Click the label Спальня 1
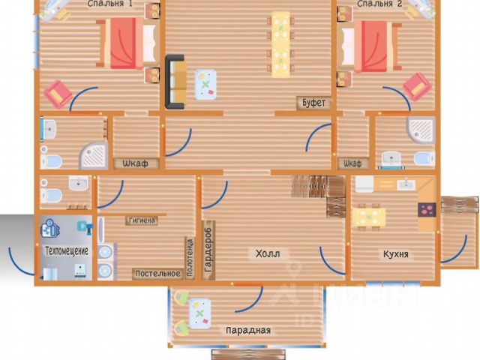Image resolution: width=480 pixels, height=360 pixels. pos(109,4)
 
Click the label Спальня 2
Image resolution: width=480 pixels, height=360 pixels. pos(379,4)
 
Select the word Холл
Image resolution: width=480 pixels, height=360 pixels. pos(267,253)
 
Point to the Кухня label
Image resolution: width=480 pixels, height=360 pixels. pos(394,254)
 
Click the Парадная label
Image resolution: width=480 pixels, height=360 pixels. pos(247,330)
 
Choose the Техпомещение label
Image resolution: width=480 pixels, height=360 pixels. pos(67,250)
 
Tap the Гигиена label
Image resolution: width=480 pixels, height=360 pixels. pos(142,220)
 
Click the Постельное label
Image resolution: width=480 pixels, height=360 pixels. pos(157,274)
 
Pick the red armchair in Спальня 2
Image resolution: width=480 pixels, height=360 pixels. pos(417,86)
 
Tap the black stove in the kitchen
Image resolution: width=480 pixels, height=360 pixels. pos(427,211)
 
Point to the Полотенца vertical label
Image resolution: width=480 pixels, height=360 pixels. pos(190,257)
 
